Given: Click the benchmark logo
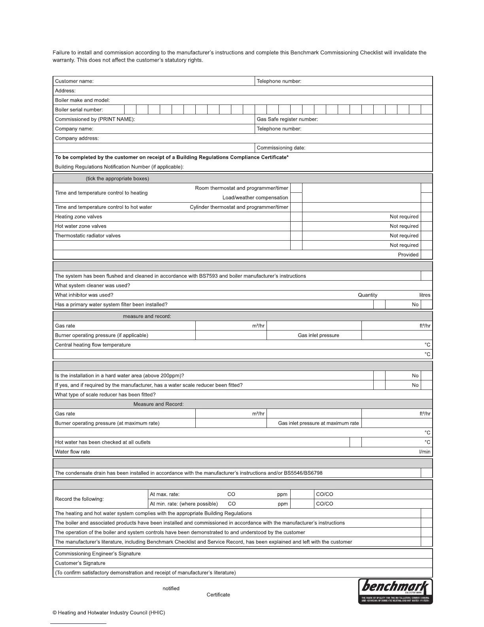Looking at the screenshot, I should point(395,591).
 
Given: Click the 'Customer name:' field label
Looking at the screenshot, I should point(74,81).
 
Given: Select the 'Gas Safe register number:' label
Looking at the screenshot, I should point(287,119).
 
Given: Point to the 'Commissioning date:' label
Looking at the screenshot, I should point(281,148).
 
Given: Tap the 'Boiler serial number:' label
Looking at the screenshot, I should point(79,110).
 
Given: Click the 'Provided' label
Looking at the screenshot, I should point(408,255).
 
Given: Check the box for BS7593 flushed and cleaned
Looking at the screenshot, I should point(427,276).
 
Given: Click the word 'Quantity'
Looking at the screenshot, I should point(367,295).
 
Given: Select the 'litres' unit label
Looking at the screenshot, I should point(425,295).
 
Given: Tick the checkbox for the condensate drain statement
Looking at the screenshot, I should point(427,473).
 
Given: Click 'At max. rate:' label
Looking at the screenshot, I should point(164,494).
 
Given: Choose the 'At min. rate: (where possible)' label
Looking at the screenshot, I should point(184,504).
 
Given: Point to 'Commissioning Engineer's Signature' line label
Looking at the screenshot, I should point(98,554).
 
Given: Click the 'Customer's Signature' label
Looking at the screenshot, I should point(80,563).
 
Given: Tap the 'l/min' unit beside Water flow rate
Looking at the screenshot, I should point(425,452).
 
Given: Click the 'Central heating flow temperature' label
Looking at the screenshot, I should point(93,345).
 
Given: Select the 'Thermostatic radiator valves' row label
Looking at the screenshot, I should point(88,236).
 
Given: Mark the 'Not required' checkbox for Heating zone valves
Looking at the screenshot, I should point(427,217).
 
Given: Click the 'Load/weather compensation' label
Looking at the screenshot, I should point(255,198).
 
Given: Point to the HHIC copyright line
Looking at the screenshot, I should point(109,613).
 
